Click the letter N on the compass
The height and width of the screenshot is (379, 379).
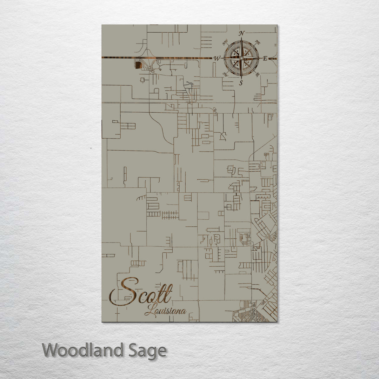click(x=241, y=34)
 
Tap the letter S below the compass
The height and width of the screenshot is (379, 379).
click(x=241, y=83)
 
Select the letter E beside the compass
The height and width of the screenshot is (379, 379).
click(x=265, y=58)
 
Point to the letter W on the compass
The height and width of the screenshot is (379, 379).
click(x=217, y=59)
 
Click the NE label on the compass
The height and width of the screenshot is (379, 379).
click(x=258, y=42)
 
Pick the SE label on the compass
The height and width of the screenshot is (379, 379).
click(x=258, y=74)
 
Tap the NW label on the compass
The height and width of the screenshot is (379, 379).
click(x=225, y=44)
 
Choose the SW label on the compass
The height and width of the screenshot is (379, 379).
click(x=225, y=74)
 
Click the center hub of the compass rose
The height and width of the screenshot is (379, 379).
click(x=241, y=58)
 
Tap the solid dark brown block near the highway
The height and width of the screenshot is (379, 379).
click(x=139, y=65)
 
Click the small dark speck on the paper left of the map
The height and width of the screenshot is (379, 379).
click(x=91, y=148)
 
